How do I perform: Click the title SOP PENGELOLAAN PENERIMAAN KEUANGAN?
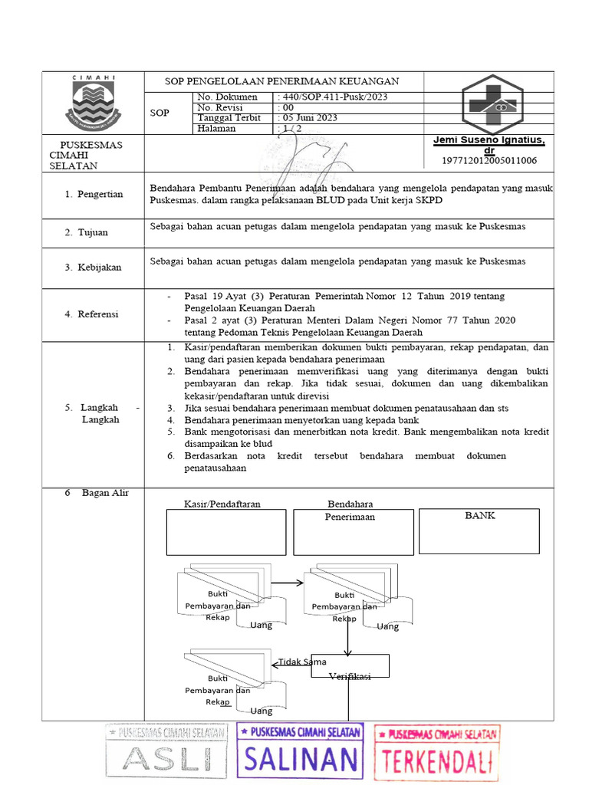(x=283, y=81)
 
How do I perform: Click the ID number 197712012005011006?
(x=489, y=160)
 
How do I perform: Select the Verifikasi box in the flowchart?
(x=350, y=666)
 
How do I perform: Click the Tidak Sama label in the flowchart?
(x=302, y=662)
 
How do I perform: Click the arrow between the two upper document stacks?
(x=288, y=583)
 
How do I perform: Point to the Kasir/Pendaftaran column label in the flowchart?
(x=222, y=504)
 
